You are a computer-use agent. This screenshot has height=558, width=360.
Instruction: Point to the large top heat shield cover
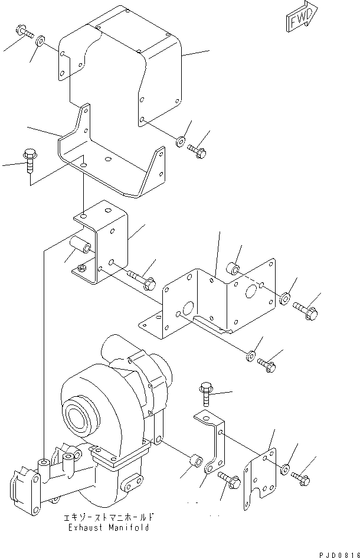118,65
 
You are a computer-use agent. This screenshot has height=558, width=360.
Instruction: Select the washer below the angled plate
250,356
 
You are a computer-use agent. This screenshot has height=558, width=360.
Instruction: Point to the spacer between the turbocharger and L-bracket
196,459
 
